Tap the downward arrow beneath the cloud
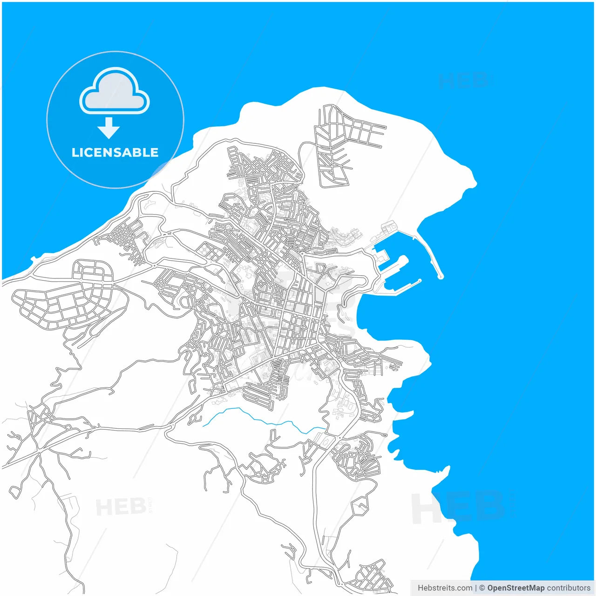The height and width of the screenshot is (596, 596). click(x=108, y=128)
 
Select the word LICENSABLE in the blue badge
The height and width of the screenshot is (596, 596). click(x=115, y=152)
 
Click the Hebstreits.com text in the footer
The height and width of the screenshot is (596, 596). click(x=445, y=588)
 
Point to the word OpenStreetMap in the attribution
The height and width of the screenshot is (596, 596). click(x=515, y=588)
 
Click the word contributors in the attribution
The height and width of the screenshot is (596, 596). click(x=569, y=588)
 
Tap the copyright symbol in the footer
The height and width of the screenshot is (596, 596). click(x=482, y=588)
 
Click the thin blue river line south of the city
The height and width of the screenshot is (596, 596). click(x=261, y=419)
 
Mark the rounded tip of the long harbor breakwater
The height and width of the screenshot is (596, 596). click(x=440, y=277)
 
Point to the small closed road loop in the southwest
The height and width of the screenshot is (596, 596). click(x=15, y=491)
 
